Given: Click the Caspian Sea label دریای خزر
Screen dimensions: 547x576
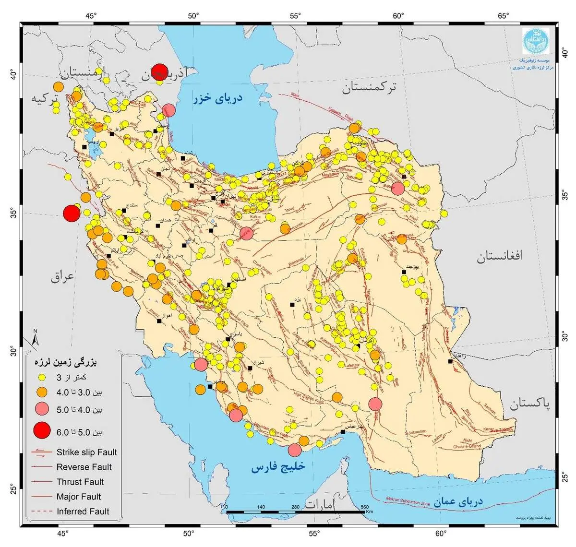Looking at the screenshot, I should tap(218, 98).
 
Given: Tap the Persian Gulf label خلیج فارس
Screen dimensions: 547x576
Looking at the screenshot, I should tap(278, 466).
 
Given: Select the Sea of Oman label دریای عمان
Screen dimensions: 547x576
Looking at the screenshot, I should tap(458, 502).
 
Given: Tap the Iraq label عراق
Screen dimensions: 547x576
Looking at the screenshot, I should tap(63, 277).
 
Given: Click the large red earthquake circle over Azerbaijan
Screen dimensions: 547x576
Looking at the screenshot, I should tap(159, 72).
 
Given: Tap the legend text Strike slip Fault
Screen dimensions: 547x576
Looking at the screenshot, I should tap(86, 452).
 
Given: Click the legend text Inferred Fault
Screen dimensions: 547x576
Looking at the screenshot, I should tap(83, 511).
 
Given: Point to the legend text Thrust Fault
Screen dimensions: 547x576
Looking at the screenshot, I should tap(80, 482).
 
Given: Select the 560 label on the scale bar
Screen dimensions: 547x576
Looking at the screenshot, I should tap(364, 507).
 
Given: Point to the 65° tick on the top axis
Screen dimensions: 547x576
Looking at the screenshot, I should tap(503, 16).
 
